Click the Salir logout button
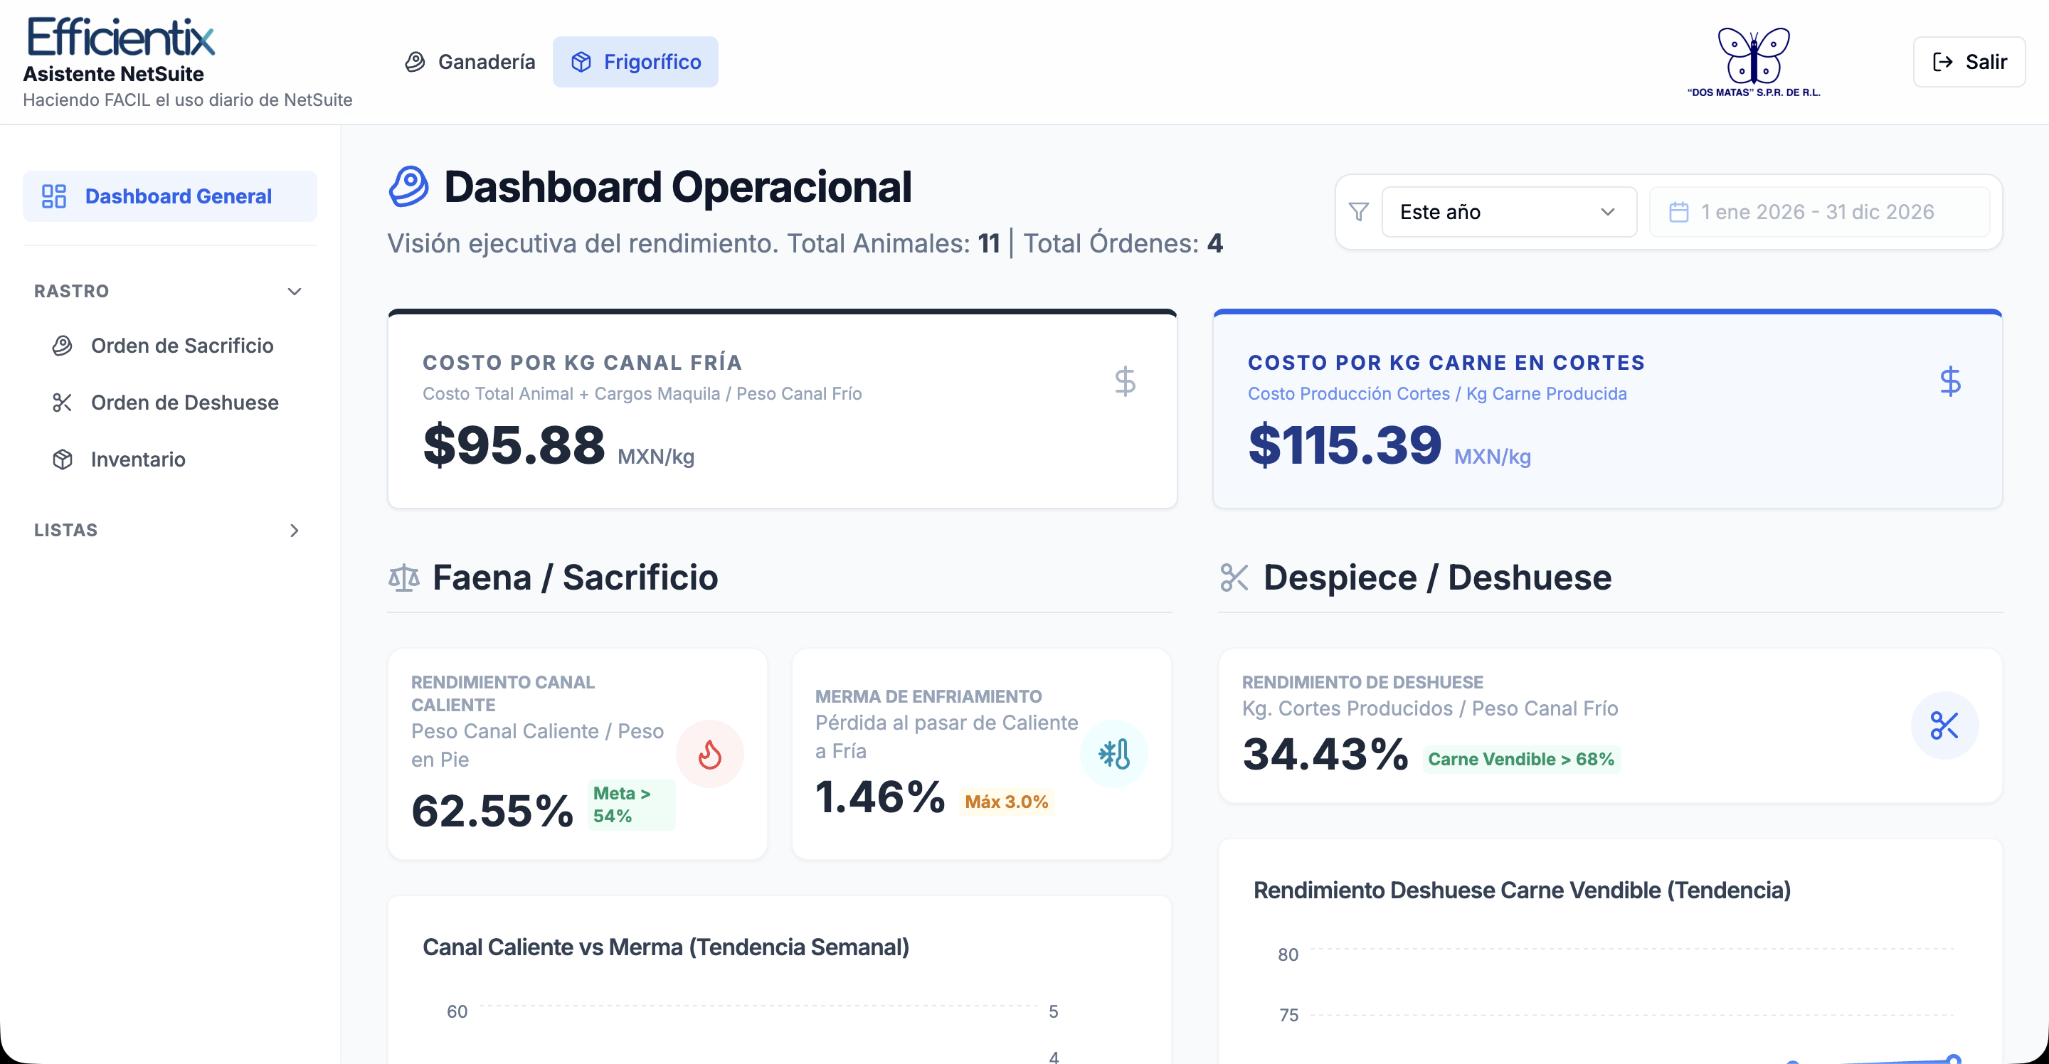coord(1969,62)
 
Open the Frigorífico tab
coord(635,62)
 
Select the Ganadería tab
coord(470,62)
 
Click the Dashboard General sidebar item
coord(169,196)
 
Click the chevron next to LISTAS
coord(295,531)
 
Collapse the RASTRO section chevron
coord(295,291)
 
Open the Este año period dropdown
coord(1509,213)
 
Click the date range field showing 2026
coord(1819,213)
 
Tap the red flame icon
coord(709,754)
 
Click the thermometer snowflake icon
coord(1113,754)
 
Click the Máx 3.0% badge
coord(1006,802)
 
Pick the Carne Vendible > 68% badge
coord(1521,760)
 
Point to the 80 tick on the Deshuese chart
coord(1288,955)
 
